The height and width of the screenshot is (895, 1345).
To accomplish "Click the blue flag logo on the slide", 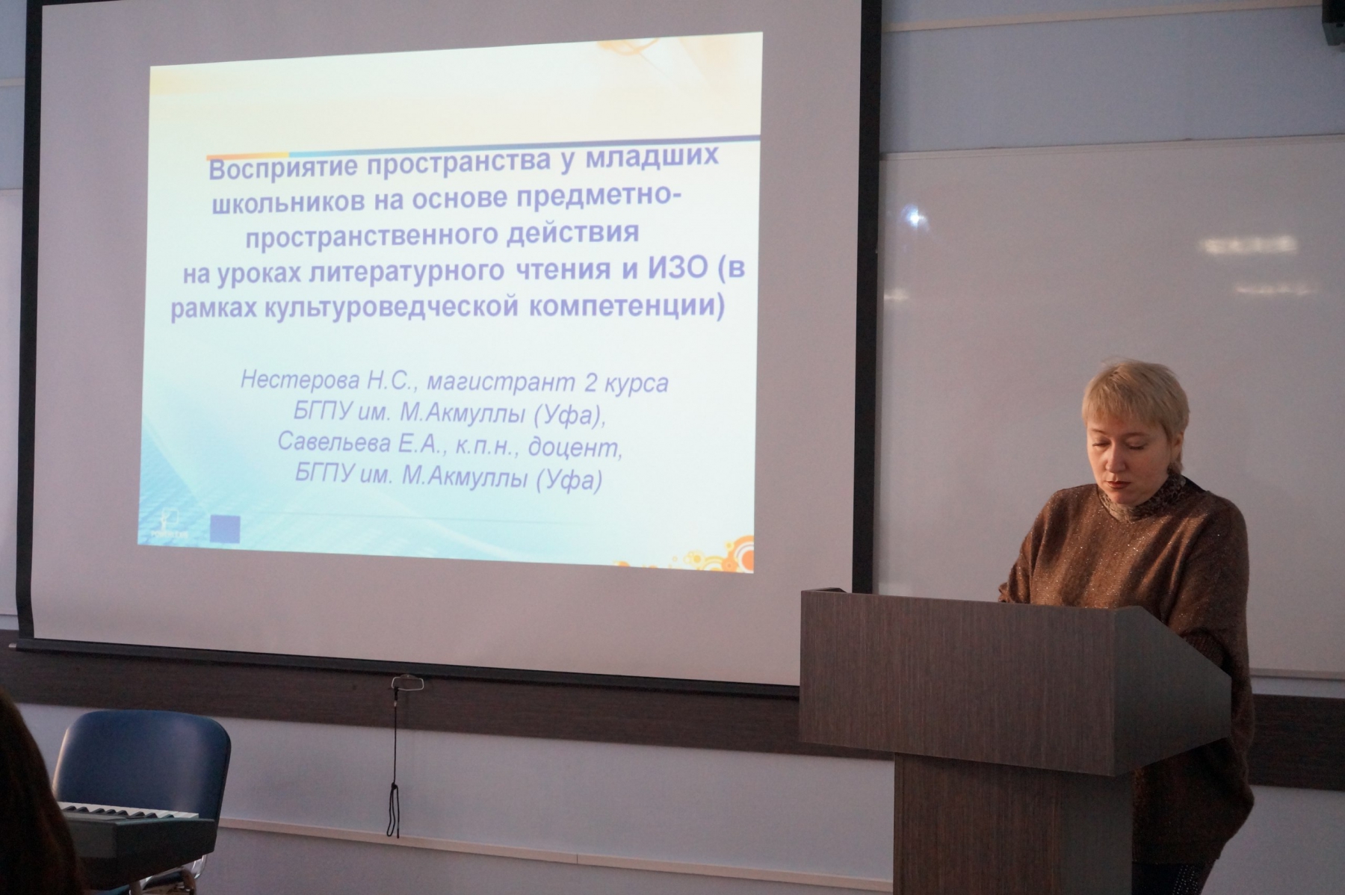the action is pyautogui.click(x=225, y=529).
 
